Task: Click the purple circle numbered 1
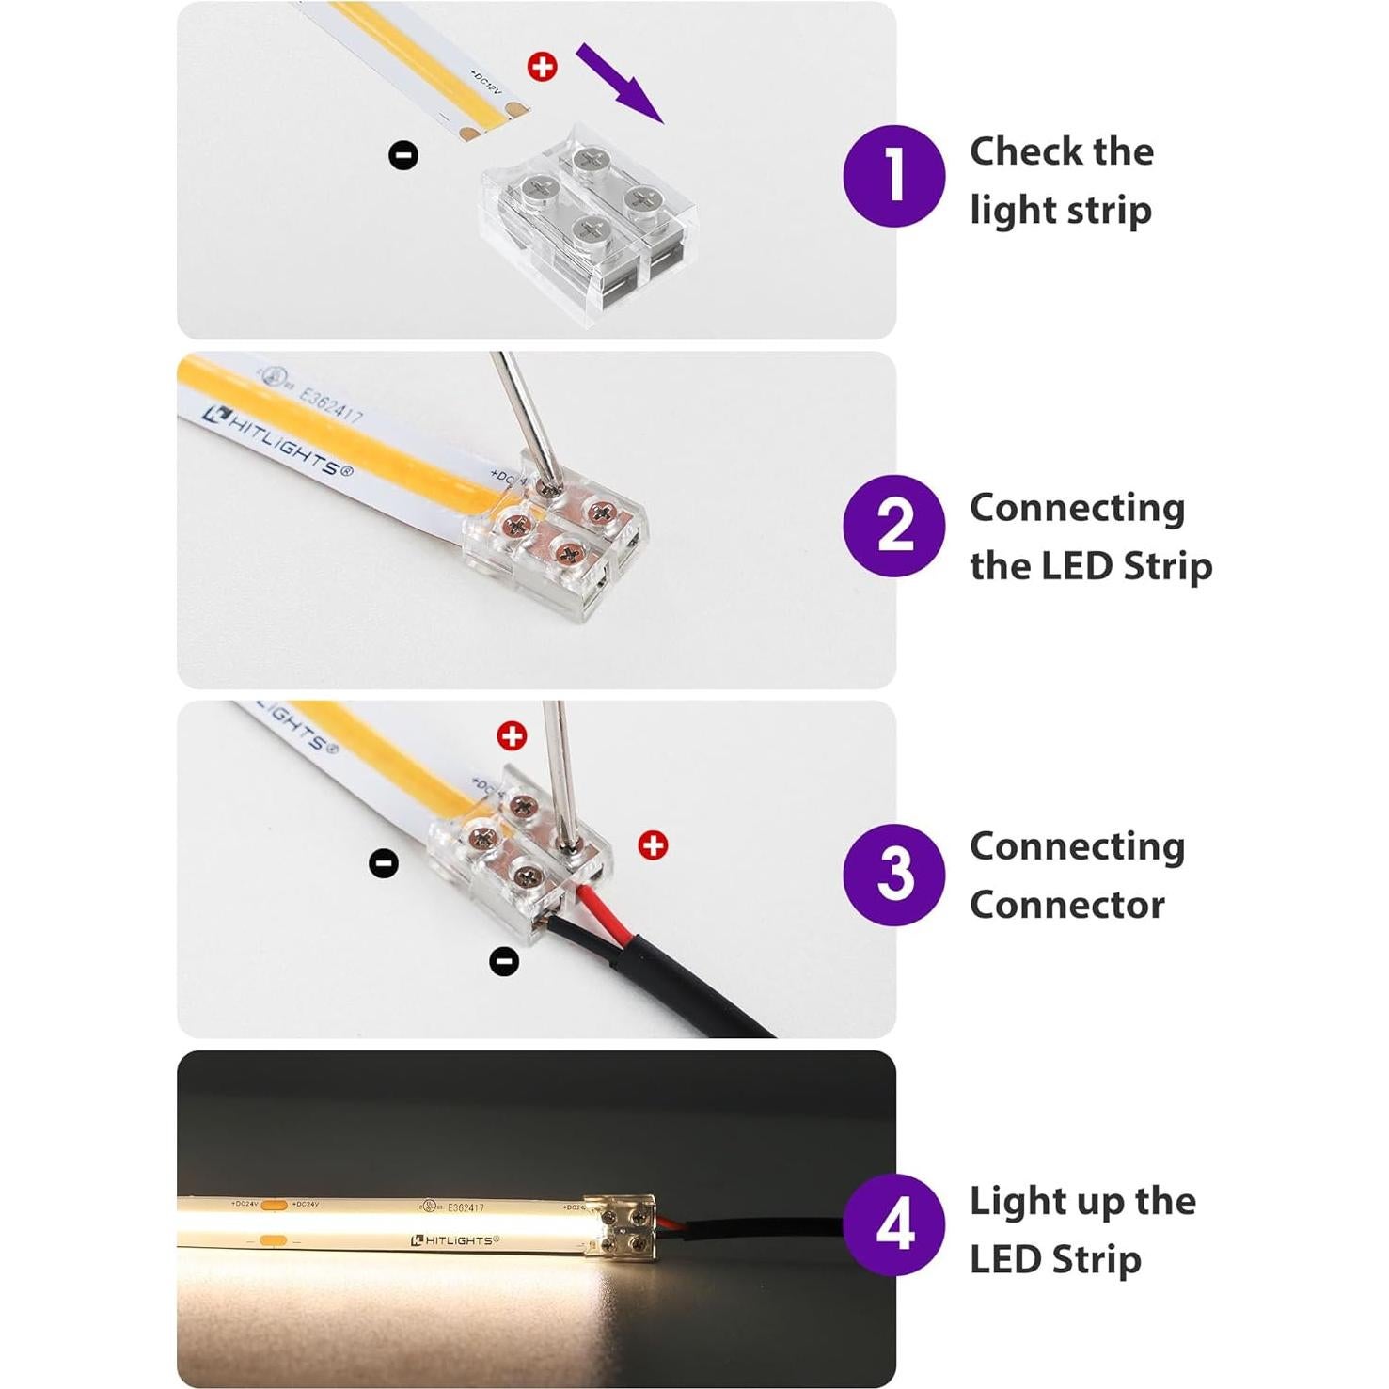[893, 176]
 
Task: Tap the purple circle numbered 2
[893, 526]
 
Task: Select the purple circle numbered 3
[893, 875]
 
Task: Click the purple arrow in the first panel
[620, 83]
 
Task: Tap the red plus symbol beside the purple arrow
[542, 67]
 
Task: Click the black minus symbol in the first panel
[403, 155]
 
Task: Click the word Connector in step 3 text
[1066, 905]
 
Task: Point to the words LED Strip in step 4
[1055, 1259]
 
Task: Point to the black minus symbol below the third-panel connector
[505, 961]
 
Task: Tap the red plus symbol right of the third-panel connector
[653, 845]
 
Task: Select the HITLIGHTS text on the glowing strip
[455, 1240]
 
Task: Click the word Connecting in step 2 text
[1077, 508]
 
